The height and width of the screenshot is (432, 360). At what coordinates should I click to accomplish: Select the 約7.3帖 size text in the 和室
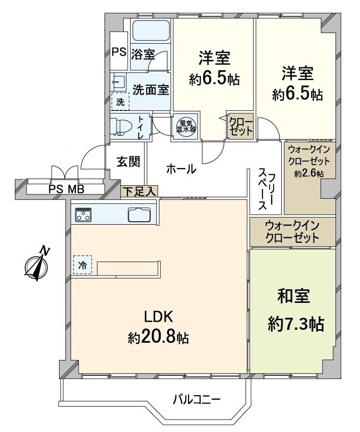point(296,325)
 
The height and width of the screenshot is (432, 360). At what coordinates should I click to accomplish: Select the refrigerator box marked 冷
point(82,264)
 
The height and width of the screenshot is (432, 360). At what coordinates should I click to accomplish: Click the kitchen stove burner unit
point(84,215)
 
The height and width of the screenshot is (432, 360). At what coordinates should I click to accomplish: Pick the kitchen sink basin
point(139,215)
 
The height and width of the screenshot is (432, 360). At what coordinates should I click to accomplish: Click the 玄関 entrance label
point(129,162)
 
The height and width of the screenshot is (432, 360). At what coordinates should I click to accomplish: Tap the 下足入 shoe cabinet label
point(139,191)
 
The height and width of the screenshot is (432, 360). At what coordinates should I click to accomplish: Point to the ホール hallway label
point(181,169)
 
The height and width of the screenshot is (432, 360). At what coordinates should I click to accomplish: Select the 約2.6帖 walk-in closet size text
point(310,174)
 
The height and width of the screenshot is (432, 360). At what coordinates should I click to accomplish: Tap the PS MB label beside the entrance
point(66,189)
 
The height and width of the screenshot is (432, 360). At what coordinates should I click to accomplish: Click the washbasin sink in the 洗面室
point(119,83)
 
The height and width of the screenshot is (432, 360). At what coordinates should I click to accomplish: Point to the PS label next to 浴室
point(118,52)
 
